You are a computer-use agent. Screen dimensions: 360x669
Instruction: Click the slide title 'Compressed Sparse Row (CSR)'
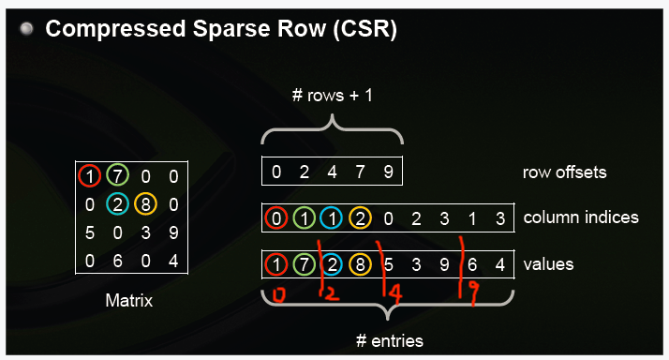click(x=221, y=30)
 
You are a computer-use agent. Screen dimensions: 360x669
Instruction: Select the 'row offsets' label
click(x=565, y=172)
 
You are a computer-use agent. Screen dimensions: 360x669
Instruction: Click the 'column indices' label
click(x=581, y=217)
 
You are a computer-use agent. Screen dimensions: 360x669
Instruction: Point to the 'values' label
click(x=548, y=264)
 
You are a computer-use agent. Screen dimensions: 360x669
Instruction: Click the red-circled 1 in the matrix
click(x=88, y=175)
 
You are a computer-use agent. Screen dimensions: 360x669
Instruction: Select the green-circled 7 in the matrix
click(x=115, y=175)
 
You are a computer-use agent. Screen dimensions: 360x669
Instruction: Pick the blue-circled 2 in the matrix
click(x=115, y=203)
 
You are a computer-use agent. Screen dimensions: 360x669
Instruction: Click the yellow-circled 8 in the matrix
click(x=143, y=203)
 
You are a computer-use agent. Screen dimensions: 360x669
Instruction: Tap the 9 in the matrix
click(x=172, y=232)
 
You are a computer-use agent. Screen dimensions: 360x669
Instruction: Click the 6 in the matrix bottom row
click(x=115, y=260)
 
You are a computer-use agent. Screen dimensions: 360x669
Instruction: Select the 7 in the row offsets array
click(x=360, y=172)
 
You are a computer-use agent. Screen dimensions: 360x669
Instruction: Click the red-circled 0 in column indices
click(x=275, y=218)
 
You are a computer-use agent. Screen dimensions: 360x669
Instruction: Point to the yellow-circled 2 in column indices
click(x=360, y=218)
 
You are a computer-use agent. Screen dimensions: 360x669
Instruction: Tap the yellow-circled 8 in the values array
click(x=360, y=264)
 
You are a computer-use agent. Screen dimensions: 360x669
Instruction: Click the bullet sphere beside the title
click(x=27, y=30)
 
